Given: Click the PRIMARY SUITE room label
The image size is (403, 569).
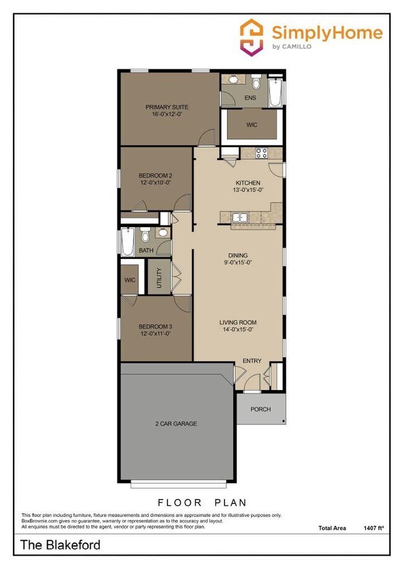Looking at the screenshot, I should click(x=167, y=107).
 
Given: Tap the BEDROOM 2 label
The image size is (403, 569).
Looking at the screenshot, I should click(x=154, y=175).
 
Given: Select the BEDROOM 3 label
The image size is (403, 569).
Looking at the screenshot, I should click(x=155, y=326).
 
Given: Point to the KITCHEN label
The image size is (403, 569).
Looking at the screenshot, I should click(x=247, y=183).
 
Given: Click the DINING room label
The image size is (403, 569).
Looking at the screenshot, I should click(x=237, y=255).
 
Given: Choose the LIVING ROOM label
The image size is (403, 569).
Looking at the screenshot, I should click(x=237, y=323).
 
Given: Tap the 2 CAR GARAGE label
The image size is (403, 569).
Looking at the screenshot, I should click(x=176, y=423).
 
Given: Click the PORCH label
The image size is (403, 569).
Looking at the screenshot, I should click(x=260, y=409).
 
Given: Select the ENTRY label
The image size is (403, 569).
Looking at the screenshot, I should click(x=252, y=361).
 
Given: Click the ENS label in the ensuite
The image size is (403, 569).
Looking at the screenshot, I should click(x=250, y=98).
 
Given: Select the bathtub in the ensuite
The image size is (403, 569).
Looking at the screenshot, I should click(x=276, y=93).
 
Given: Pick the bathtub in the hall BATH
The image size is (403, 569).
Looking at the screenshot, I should click(x=127, y=243).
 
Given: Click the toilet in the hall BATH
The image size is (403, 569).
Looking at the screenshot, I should click(x=144, y=236).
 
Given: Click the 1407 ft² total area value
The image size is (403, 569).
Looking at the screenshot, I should click(x=374, y=528).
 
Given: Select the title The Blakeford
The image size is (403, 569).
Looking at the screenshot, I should click(x=60, y=545).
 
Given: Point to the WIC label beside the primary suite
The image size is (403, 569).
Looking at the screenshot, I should click(x=251, y=125).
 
